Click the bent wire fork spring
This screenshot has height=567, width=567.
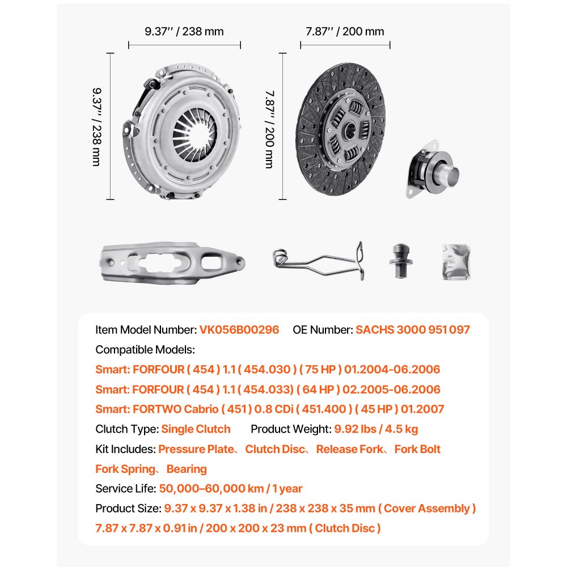[318, 260]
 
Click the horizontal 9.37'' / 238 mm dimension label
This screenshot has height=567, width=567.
[184, 32]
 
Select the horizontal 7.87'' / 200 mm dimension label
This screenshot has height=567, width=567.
[345, 32]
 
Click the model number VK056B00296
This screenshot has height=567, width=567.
[239, 329]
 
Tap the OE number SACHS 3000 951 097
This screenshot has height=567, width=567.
[413, 329]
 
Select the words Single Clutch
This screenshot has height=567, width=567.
[196, 429]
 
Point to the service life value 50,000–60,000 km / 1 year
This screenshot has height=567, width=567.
[231, 489]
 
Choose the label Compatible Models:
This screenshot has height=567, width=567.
[145, 349]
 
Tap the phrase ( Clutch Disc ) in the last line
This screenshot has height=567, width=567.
[345, 528]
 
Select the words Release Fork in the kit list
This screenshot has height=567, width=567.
[349, 449]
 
